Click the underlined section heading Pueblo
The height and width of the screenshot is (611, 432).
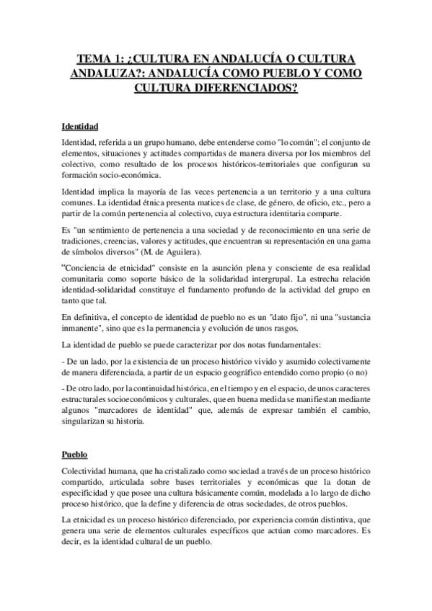click(74, 455)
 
